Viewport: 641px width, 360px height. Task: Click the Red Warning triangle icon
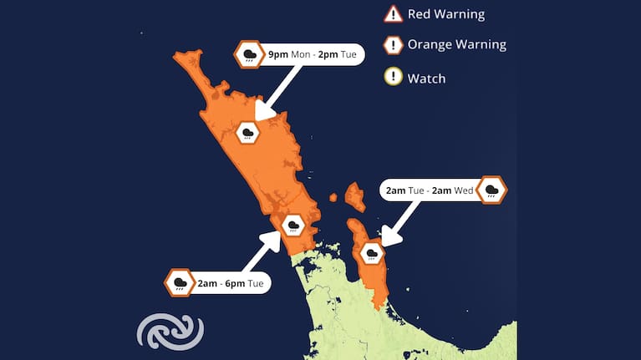pos(394,14)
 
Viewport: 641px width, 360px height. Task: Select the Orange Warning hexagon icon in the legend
pos(394,45)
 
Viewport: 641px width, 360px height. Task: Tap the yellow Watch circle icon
pos(394,78)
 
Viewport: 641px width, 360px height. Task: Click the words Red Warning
pos(445,14)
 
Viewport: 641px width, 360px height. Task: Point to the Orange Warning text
pos(456,45)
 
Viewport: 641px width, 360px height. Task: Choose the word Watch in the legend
pos(426,79)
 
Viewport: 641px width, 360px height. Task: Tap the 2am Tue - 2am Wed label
pos(430,190)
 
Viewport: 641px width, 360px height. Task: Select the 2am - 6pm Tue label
pos(230,284)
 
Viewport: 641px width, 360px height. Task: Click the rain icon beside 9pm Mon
pos(249,55)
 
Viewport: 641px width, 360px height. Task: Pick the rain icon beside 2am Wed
pos(494,190)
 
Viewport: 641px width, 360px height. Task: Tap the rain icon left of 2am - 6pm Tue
pos(179,284)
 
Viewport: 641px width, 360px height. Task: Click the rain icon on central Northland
pos(248,132)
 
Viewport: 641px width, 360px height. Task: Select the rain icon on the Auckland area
pos(293,225)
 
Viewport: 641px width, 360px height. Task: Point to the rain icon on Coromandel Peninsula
pos(371,252)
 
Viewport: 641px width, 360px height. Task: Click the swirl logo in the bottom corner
pos(170,332)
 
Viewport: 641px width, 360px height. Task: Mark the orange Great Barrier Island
pos(355,197)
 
